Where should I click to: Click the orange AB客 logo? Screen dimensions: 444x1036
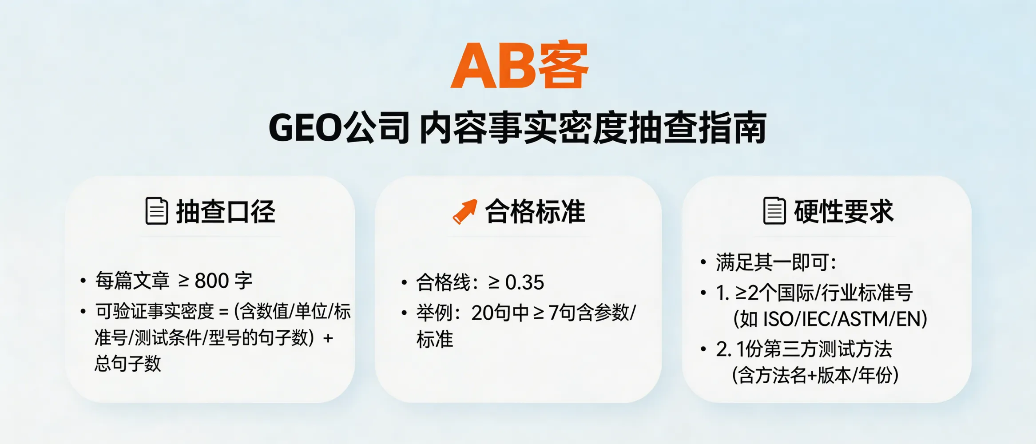point(519,66)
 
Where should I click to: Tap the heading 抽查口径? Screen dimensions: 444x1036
point(226,211)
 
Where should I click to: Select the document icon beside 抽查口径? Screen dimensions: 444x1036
point(157,211)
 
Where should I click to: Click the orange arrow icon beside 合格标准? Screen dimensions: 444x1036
point(464,211)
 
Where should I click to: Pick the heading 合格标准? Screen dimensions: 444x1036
point(535,211)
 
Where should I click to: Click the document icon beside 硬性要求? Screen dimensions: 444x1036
point(774,211)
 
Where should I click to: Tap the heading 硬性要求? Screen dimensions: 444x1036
point(843,211)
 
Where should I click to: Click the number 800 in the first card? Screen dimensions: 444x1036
point(211,281)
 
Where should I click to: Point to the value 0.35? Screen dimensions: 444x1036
point(524,283)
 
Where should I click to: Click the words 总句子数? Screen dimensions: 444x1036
point(128,364)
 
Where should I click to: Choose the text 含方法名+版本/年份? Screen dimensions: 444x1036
point(815,376)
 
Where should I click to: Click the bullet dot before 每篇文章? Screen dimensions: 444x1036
point(83,281)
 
